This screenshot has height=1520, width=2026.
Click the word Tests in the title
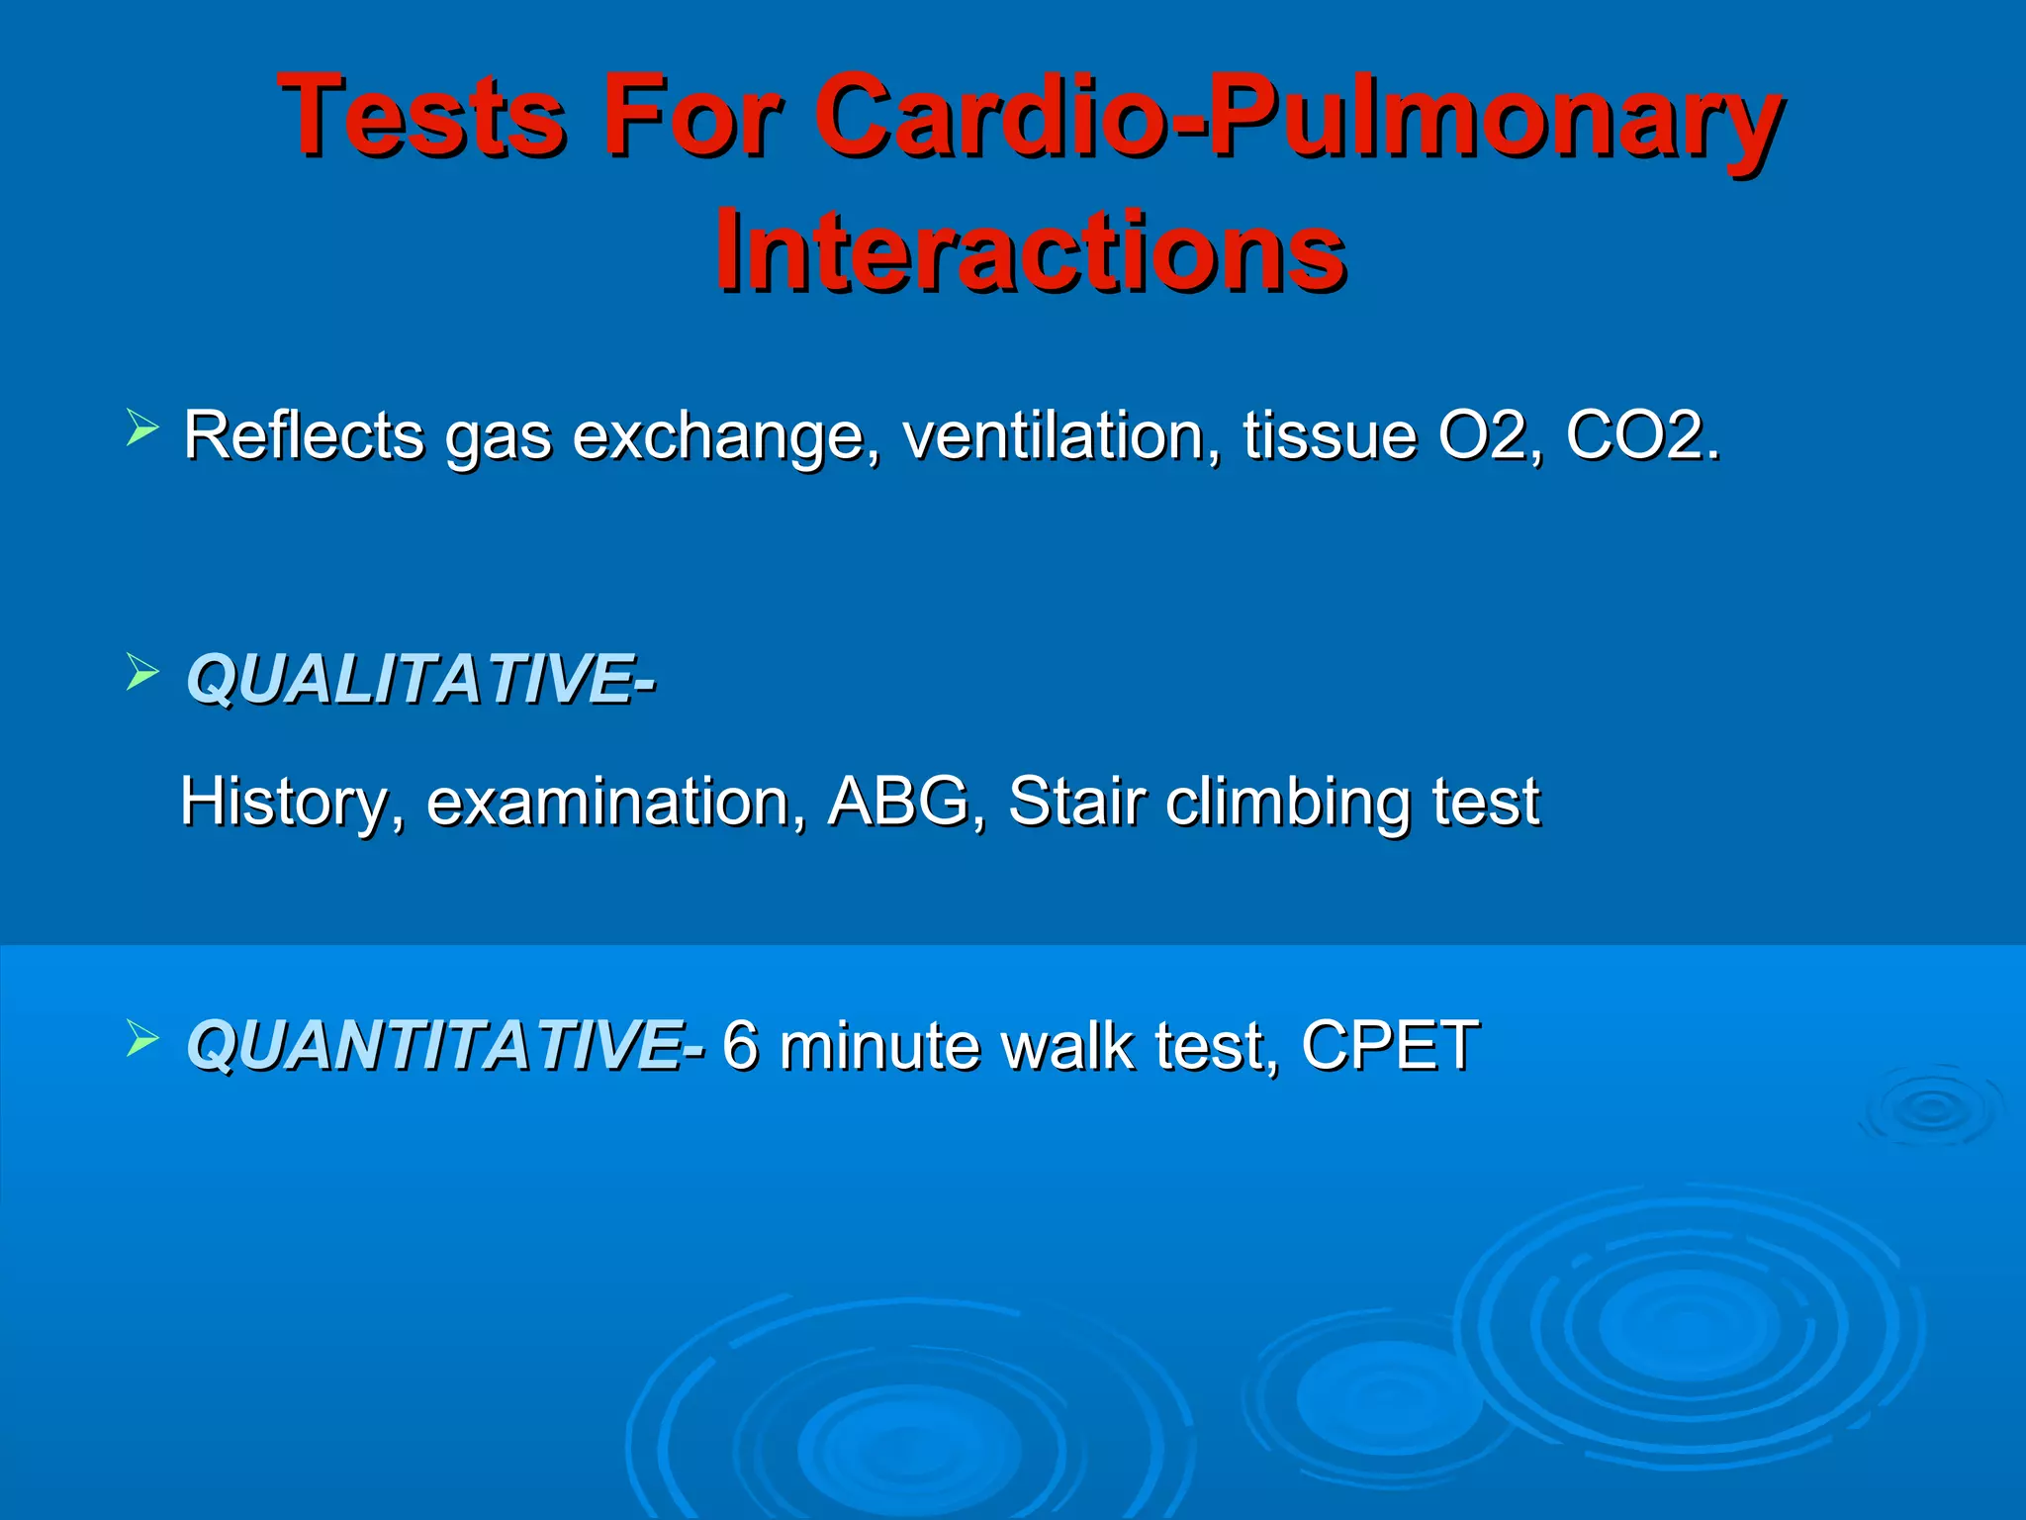(x=422, y=116)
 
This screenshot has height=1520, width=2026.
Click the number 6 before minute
(x=740, y=1045)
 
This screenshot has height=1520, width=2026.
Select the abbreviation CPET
(x=1390, y=1045)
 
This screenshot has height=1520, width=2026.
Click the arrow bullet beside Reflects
(x=142, y=428)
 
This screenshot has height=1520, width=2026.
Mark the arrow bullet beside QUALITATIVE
(x=142, y=673)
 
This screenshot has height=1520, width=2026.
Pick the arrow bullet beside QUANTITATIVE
(x=142, y=1039)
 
